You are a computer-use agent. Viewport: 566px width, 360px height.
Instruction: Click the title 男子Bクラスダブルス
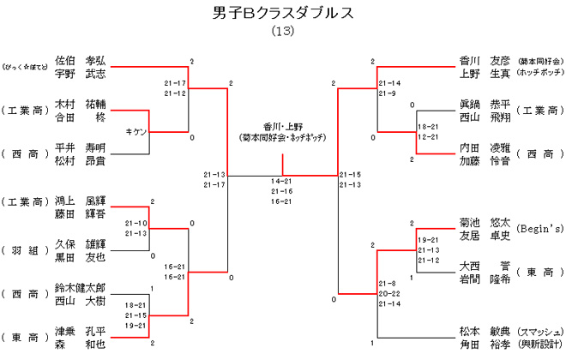(x=282, y=13)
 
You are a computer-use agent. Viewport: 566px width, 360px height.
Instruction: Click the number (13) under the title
(x=282, y=32)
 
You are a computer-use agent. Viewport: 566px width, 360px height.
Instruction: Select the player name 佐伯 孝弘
(x=80, y=61)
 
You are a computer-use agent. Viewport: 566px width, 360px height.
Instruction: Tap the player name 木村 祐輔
(x=80, y=104)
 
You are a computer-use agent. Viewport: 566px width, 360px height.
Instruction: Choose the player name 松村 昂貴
(x=80, y=159)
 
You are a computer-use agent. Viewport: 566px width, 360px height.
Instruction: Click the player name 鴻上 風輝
(x=80, y=201)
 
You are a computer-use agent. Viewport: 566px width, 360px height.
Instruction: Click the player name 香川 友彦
(x=485, y=61)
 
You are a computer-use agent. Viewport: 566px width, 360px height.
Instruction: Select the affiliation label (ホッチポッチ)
(x=539, y=75)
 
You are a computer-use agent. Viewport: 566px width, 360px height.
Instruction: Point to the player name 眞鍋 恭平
(x=485, y=104)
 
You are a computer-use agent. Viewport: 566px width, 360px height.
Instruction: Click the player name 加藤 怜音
(x=485, y=159)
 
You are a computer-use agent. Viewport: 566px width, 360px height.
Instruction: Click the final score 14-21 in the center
(x=282, y=181)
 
